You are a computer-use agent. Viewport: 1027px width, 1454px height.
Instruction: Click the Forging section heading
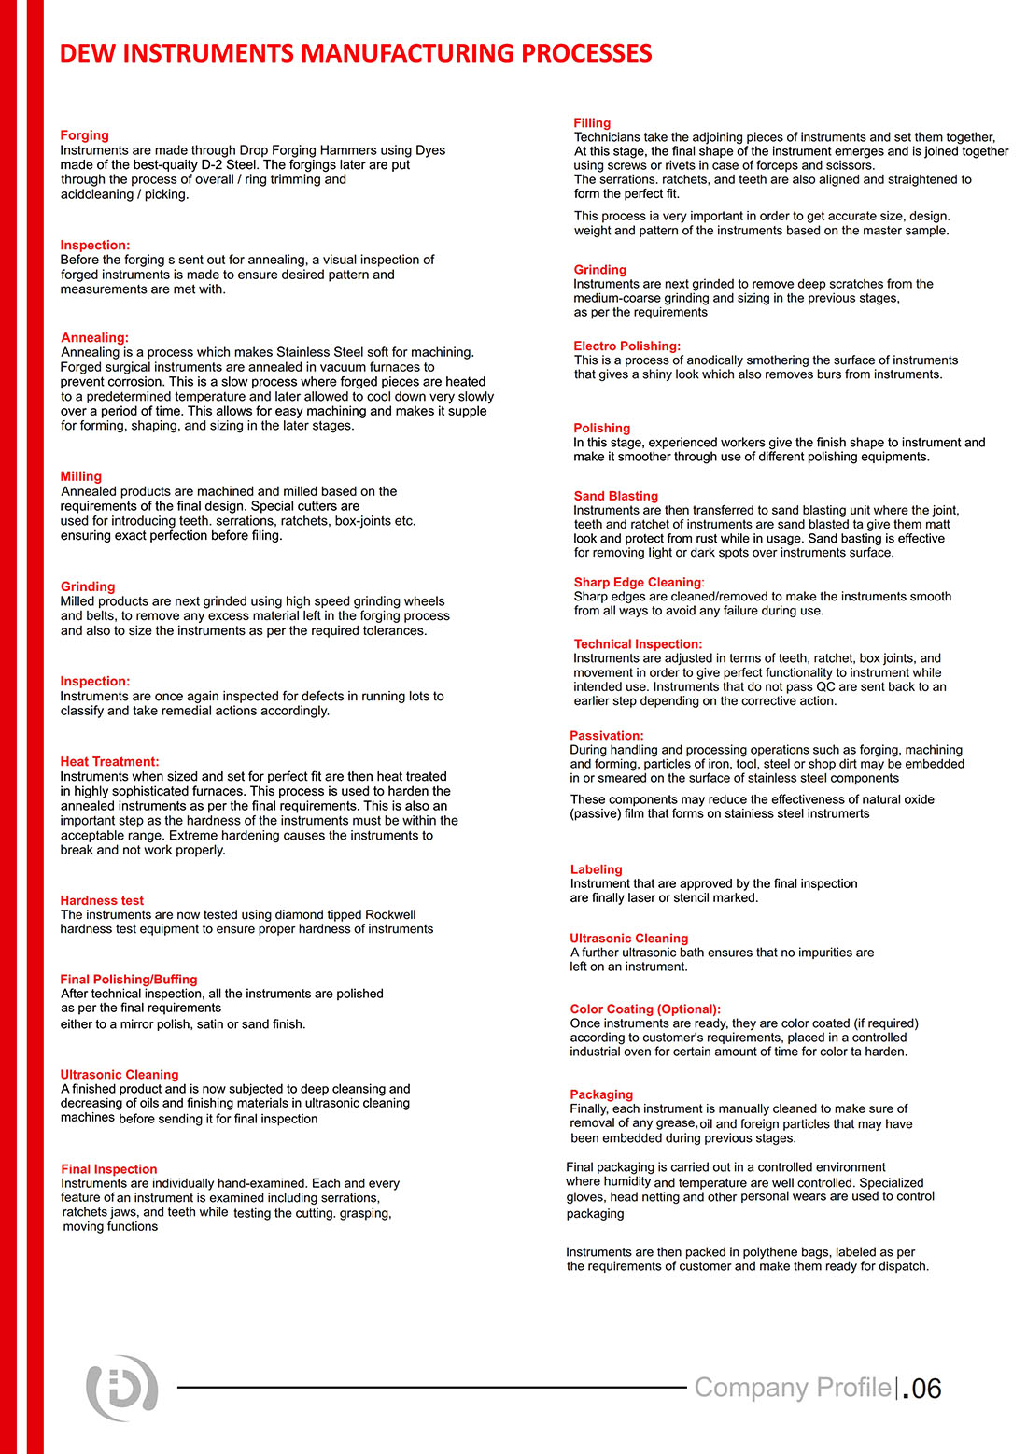[84, 135]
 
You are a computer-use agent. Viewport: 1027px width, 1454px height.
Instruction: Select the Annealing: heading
[94, 338]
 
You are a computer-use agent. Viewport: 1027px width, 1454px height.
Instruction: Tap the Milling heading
[81, 476]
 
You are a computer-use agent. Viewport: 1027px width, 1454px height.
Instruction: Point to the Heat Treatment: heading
[109, 762]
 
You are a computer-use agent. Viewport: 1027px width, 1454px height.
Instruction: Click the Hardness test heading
[102, 901]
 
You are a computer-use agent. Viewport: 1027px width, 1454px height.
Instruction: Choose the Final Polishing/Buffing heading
[129, 980]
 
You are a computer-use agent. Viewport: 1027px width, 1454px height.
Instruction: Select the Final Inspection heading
[108, 1169]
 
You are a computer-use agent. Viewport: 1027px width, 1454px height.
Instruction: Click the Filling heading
[592, 123]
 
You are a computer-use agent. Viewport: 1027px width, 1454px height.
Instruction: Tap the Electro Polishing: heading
[627, 346]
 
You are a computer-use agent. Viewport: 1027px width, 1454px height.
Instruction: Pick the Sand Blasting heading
[616, 497]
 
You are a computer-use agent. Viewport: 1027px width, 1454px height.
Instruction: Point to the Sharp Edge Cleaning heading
[638, 583]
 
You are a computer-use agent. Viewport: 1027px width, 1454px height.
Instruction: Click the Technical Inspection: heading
[638, 644]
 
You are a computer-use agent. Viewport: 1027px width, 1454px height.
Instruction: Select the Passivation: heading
[607, 736]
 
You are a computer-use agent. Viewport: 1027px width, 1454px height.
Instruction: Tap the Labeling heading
[596, 869]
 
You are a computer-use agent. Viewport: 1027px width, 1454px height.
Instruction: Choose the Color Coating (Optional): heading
[645, 1009]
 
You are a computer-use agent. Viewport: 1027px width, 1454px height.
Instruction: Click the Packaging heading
[601, 1094]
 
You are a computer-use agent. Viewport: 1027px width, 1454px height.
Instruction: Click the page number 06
[925, 1389]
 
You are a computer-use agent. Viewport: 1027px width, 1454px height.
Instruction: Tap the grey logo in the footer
[121, 1389]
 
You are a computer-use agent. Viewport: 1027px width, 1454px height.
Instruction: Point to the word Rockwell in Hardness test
[390, 915]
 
